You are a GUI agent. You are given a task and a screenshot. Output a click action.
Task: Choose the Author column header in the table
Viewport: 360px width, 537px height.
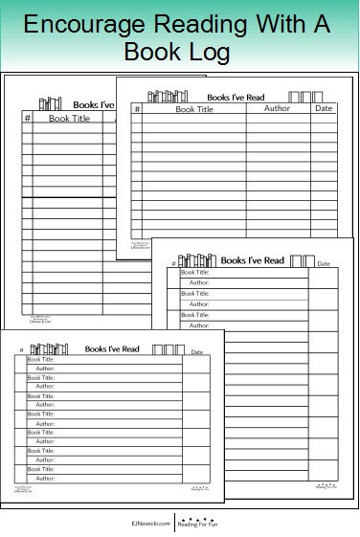tap(277, 108)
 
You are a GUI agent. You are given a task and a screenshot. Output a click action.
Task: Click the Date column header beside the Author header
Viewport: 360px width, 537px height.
tap(325, 108)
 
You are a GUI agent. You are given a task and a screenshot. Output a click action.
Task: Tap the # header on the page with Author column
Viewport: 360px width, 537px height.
tap(137, 109)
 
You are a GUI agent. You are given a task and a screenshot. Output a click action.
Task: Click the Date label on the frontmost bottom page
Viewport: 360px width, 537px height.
tap(196, 352)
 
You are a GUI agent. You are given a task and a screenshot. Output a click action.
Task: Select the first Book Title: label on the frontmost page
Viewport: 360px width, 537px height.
tap(40, 359)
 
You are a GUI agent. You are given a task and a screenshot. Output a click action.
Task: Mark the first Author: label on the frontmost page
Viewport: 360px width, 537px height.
tap(45, 369)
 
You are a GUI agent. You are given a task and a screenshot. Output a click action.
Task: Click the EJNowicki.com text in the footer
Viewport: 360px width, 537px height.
tap(150, 524)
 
